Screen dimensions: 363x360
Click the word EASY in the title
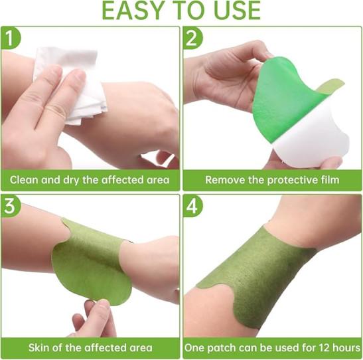[x=132, y=11]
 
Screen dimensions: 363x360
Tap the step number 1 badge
[x=11, y=38]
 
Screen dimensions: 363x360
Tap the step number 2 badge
[x=192, y=38]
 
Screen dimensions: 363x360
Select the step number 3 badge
[x=11, y=206]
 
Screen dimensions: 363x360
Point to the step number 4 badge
[x=192, y=206]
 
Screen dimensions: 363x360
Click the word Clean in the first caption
[x=24, y=180]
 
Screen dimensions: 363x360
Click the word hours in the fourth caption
[x=346, y=348]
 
